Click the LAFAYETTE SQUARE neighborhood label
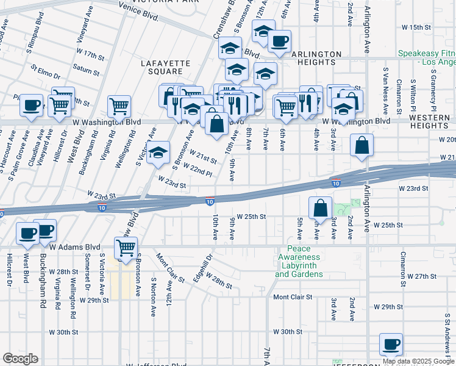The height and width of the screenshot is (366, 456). pos(162,67)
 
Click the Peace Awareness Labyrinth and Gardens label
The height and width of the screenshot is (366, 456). pos(299,261)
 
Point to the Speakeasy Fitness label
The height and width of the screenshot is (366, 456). pos(427,58)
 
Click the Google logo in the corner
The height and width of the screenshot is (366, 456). pos(20,359)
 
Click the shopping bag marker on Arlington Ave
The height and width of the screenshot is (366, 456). pos(362,146)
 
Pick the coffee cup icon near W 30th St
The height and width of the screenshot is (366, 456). pos(391,344)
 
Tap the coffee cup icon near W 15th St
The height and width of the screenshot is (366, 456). pos(280,41)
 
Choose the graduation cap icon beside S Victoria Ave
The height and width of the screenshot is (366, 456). pos(158,152)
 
